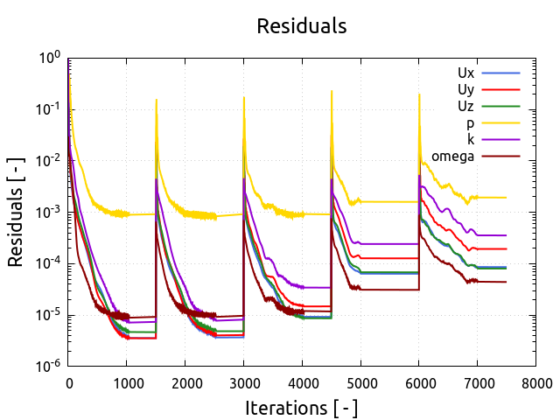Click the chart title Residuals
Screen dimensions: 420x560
[301, 26]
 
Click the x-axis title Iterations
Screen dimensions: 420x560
[301, 408]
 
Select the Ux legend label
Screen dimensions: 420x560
[465, 73]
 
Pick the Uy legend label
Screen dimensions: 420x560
[465, 89]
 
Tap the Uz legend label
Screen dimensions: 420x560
[465, 106]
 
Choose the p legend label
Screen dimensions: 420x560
[470, 123]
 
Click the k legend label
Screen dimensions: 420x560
[470, 139]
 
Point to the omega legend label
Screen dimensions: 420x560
[452, 156]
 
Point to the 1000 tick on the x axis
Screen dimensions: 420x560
[127, 382]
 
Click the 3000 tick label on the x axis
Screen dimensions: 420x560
[243, 382]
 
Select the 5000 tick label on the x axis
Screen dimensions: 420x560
[360, 382]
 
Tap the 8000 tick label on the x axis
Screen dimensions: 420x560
[535, 382]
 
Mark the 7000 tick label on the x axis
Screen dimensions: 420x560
[477, 382]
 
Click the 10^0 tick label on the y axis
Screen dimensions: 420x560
[49, 58]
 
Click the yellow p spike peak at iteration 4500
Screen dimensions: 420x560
[332, 91]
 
